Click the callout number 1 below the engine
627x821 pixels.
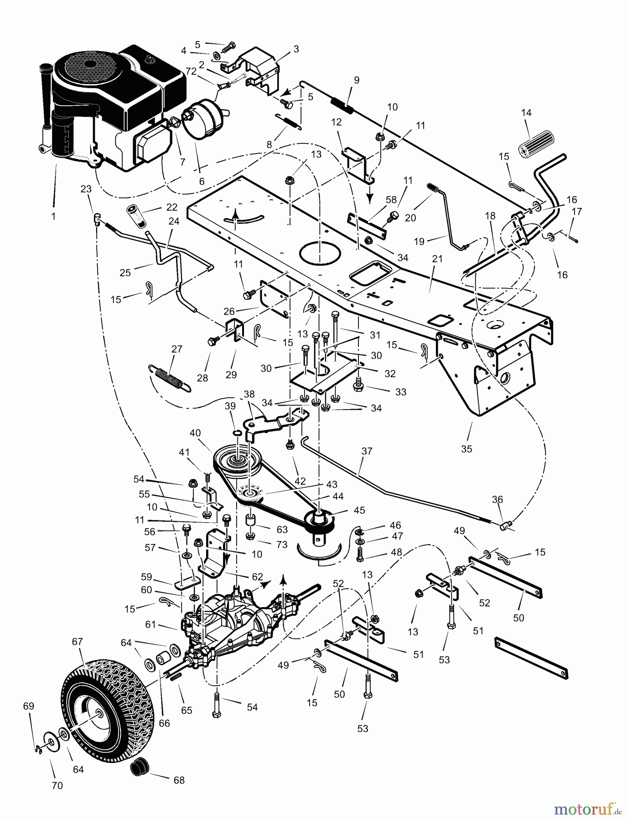53,217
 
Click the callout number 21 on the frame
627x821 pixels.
437,259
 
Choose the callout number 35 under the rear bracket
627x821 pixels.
466,449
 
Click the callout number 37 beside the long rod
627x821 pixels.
367,451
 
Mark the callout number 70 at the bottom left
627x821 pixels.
57,785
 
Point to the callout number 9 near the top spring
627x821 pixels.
356,80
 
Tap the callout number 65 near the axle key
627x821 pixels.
187,710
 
